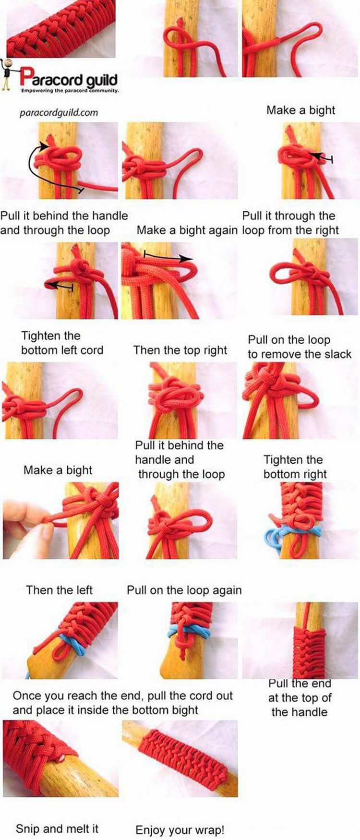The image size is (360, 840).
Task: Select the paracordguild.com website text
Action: [59, 113]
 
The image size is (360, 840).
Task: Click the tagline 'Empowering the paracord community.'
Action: [70, 90]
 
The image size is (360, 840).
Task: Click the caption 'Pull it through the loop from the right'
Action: [290, 223]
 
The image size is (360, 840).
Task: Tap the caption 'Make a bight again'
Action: [187, 230]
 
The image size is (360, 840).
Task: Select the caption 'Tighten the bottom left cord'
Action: [62, 343]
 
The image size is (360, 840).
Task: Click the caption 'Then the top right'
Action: [180, 350]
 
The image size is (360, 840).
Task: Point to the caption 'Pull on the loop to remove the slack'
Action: [300, 347]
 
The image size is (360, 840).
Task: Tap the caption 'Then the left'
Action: [59, 590]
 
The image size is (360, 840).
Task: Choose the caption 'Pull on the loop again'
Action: [184, 590]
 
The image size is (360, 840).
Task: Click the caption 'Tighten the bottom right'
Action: [295, 467]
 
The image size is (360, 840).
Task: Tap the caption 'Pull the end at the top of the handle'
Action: [300, 697]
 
